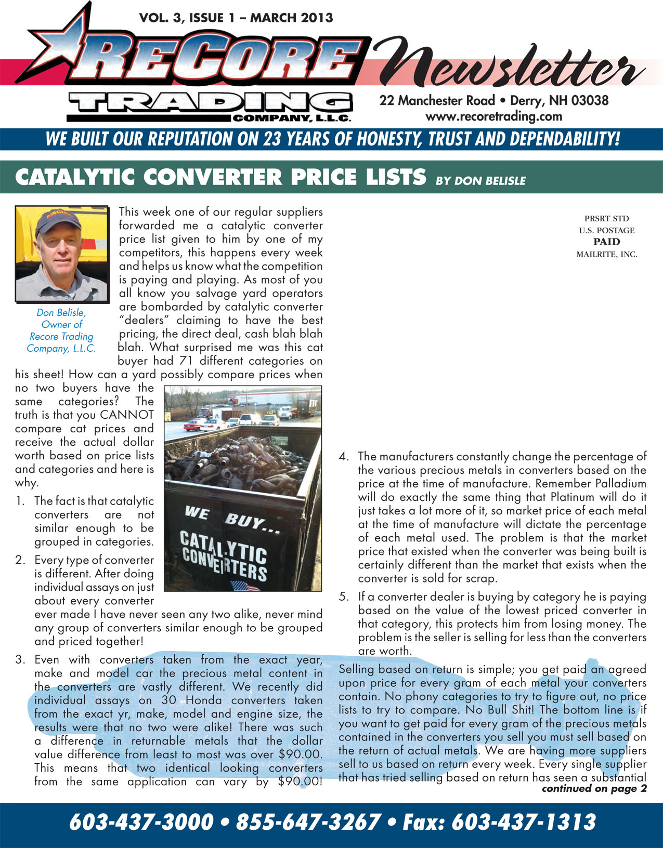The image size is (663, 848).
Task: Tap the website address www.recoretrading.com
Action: pyautogui.click(x=493, y=116)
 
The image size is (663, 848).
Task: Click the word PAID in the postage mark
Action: pyautogui.click(x=606, y=242)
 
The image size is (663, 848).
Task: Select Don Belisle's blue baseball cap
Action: pyautogui.click(x=57, y=222)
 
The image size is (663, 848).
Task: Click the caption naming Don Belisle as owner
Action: pyautogui.click(x=61, y=330)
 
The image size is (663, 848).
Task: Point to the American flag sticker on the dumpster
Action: pyautogui.click(x=244, y=586)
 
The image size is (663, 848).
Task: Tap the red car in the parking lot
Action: pyautogui.click(x=194, y=425)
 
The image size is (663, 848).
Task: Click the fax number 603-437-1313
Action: pyautogui.click(x=523, y=823)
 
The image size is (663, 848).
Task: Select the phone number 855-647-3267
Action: pyautogui.click(x=308, y=823)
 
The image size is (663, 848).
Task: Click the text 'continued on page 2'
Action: pyautogui.click(x=594, y=789)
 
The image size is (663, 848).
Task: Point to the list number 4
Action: pyautogui.click(x=343, y=457)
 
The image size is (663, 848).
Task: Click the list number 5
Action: pyautogui.click(x=343, y=597)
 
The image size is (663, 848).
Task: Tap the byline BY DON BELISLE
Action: pyautogui.click(x=480, y=181)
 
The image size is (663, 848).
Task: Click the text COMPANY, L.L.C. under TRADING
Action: pyautogui.click(x=291, y=118)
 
